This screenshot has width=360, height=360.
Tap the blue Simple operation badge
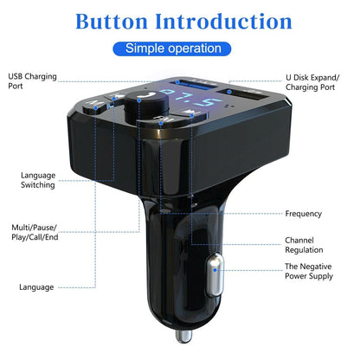coord(179,48)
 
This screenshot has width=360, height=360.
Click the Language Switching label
coord(39,179)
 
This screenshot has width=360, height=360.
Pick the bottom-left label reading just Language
coord(37,286)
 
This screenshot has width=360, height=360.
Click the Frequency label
coord(303,214)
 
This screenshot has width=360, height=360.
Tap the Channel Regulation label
coord(305,245)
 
